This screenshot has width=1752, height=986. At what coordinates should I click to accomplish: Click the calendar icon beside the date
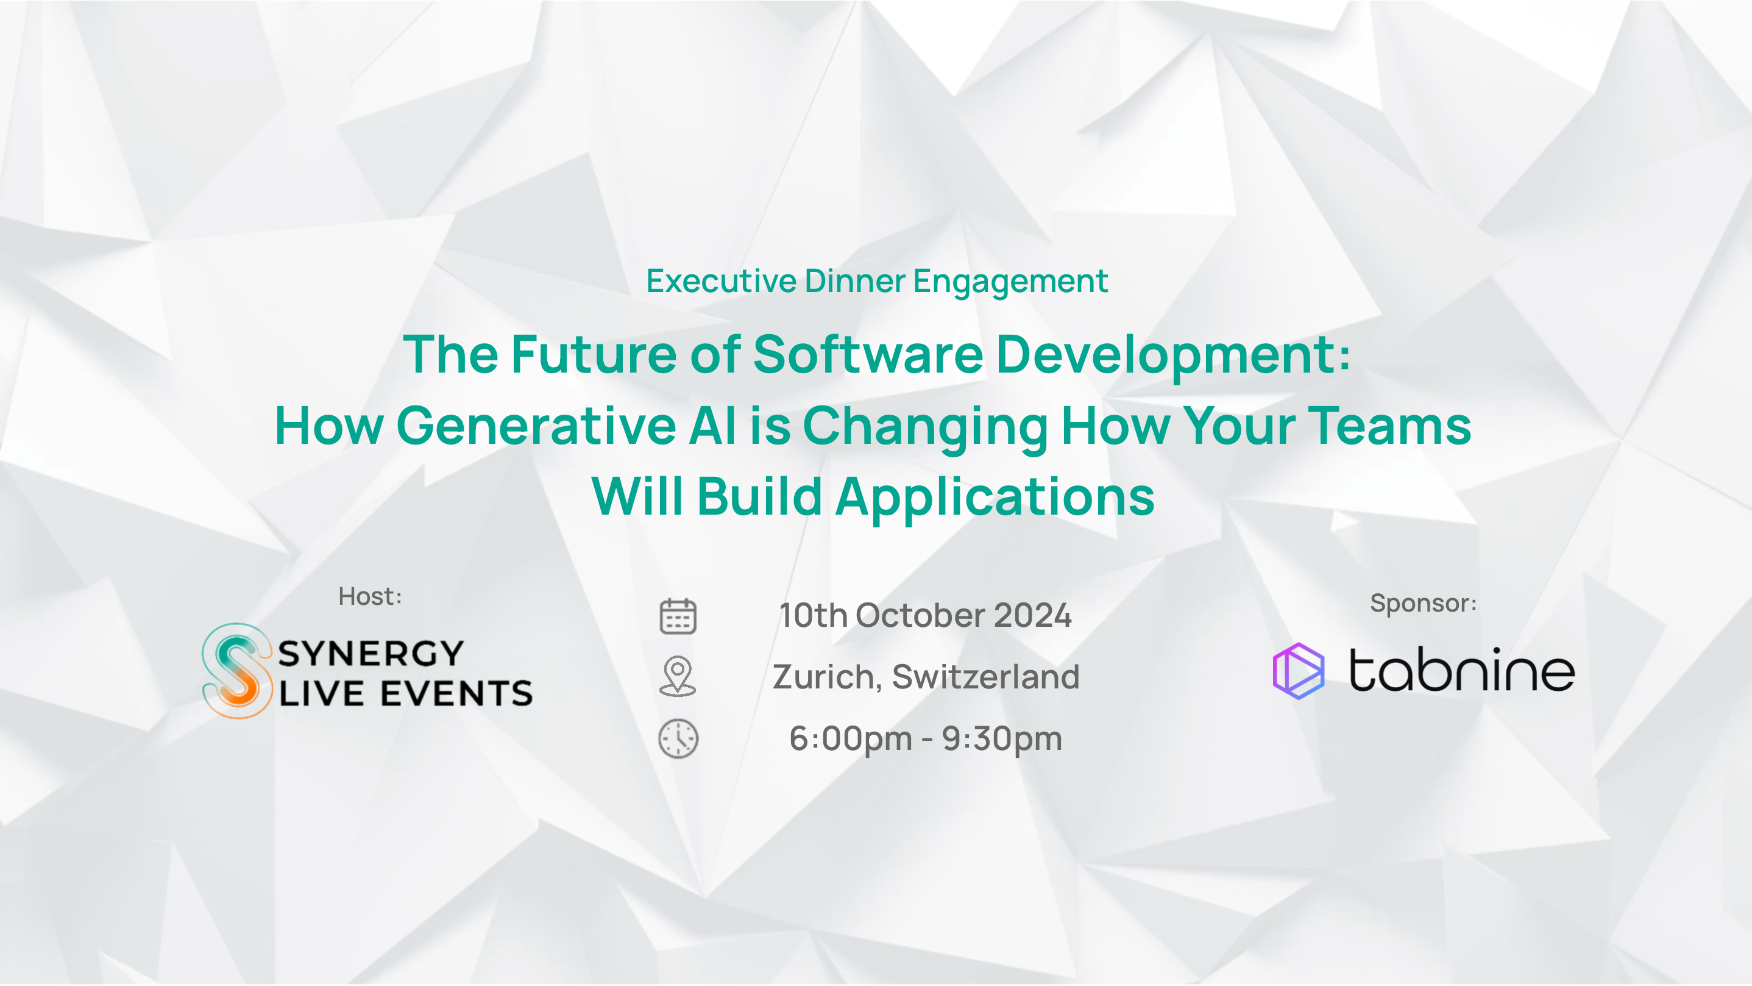[678, 616]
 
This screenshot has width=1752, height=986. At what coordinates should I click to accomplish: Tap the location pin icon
[678, 676]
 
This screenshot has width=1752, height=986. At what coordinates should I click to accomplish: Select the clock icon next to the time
[678, 738]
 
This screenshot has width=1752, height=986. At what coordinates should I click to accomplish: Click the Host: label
[370, 597]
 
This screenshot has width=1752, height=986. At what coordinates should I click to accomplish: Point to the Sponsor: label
[1423, 603]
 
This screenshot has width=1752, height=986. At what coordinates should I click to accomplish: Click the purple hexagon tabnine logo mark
[1299, 671]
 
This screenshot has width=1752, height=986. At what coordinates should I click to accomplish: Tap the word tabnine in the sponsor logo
[1461, 670]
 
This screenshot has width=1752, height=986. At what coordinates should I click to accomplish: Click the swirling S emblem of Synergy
[236, 670]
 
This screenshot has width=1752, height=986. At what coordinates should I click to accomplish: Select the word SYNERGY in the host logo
[371, 653]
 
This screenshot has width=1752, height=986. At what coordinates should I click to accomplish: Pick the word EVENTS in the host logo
[456, 693]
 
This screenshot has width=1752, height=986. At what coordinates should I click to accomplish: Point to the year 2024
[1032, 615]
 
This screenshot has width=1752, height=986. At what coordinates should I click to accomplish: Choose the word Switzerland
[985, 676]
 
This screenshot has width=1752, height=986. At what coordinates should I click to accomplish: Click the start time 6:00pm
[851, 739]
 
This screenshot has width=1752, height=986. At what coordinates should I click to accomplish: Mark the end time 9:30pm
[1002, 739]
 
